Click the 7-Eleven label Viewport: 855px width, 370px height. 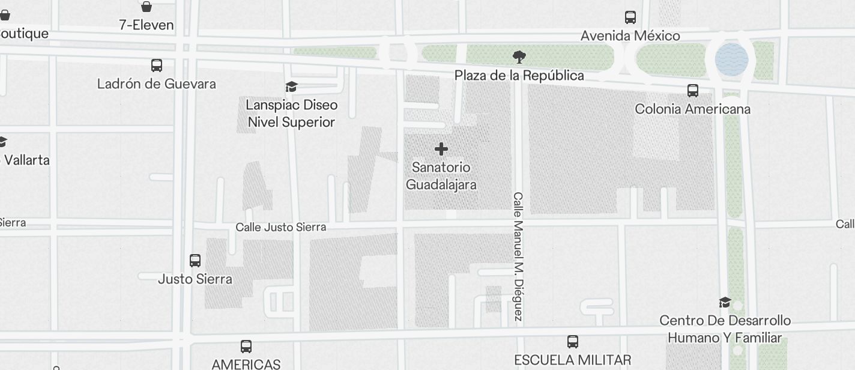click(147, 25)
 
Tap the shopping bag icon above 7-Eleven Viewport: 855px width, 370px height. click(147, 7)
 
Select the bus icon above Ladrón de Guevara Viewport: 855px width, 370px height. click(157, 65)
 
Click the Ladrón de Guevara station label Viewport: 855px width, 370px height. click(157, 83)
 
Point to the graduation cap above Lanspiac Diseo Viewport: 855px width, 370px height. click(292, 87)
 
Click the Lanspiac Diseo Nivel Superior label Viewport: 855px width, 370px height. click(292, 114)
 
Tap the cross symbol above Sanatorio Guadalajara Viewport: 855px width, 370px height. click(441, 149)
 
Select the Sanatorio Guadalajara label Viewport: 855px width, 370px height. click(441, 175)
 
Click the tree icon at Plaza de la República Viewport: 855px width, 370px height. click(519, 57)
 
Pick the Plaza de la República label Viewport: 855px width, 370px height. click(519, 76)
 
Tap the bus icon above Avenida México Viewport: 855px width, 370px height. click(630, 17)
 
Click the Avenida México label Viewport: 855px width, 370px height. click(630, 36)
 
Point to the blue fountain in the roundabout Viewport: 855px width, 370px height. click(731, 59)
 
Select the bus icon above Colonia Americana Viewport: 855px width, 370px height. click(693, 91)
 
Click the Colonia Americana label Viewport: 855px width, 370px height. click(693, 109)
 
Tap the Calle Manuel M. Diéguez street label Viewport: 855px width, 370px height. click(519, 256)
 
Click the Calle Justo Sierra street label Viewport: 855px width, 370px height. click(281, 227)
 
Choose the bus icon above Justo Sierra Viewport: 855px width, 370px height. click(195, 261)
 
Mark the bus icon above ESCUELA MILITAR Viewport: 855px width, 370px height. click(573, 342)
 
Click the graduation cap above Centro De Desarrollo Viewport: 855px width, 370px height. click(725, 302)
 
